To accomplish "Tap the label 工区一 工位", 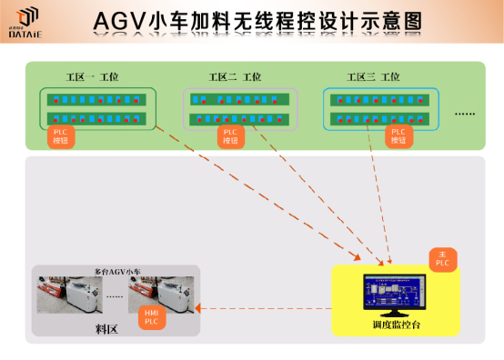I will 92,78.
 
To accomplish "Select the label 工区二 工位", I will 234,78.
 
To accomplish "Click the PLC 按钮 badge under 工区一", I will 61,137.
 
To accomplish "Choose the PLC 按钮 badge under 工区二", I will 230,137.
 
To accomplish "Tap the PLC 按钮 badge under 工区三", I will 398,137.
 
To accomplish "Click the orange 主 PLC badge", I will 442,258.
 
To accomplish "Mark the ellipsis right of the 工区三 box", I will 464,115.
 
